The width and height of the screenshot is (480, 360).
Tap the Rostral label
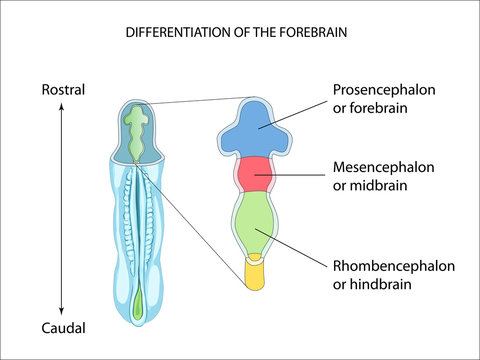pos(62,90)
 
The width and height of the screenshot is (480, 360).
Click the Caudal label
pos(62,328)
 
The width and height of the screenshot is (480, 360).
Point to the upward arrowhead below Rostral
pos(62,109)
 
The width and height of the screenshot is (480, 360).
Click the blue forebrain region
pos(258,131)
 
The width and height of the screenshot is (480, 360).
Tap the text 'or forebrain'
pos(369,108)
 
